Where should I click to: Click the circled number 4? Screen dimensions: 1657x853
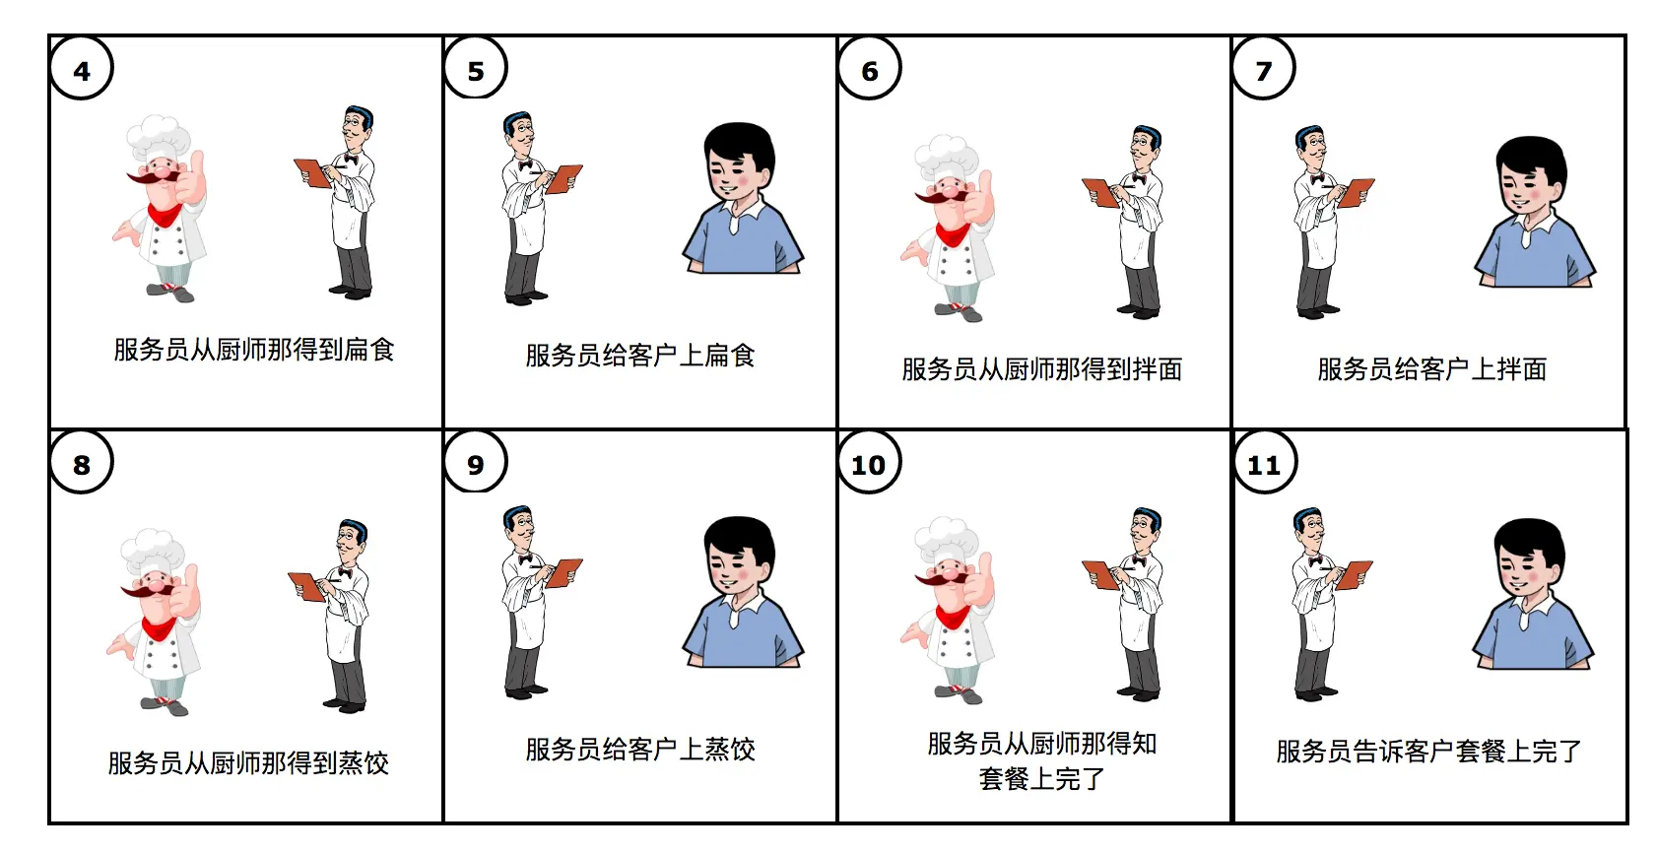82,69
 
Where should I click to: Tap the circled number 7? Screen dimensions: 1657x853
1264,69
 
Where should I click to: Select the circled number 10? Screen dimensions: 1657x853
869,463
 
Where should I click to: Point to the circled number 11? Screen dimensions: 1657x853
1265,463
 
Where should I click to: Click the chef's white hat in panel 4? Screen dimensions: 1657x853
158,137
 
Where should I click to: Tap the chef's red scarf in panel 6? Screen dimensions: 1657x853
952,235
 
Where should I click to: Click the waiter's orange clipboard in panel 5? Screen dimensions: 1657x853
563,178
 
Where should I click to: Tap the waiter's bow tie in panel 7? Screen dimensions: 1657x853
1316,178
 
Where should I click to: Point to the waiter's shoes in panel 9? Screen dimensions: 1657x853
526,692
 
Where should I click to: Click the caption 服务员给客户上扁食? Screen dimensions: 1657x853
640,356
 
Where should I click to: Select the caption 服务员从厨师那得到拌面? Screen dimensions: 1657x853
1041,368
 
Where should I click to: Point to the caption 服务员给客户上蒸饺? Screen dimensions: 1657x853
640,750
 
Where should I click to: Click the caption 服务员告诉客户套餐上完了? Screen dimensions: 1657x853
1428,752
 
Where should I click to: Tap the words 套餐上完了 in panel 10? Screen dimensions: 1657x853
1041,778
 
